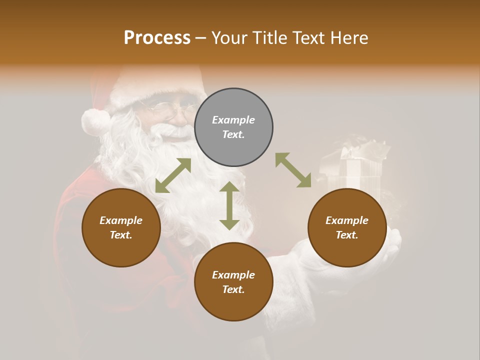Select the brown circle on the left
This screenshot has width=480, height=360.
(x=121, y=227)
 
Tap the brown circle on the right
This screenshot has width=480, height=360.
(x=347, y=227)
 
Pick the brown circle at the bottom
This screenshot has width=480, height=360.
(x=233, y=281)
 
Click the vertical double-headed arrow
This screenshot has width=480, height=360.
(x=229, y=205)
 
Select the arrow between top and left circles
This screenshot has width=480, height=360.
(x=173, y=175)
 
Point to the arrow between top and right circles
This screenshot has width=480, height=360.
(x=293, y=170)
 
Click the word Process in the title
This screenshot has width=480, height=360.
(x=157, y=37)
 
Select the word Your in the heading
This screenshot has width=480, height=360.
(x=229, y=37)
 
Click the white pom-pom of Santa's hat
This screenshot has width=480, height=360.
(x=95, y=122)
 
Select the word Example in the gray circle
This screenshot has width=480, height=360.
(x=233, y=120)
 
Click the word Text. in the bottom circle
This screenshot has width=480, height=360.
(x=233, y=289)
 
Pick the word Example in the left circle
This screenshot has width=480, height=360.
(x=121, y=220)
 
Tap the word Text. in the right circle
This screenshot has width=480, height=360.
(x=347, y=235)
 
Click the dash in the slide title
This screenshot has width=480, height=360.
(x=201, y=38)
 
